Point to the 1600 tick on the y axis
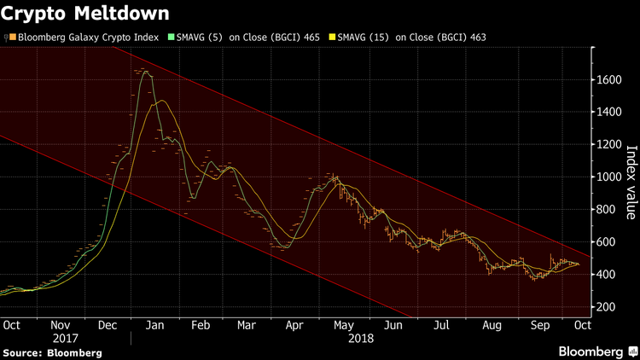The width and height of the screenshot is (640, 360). (x=610, y=79)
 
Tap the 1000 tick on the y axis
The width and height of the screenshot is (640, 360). (x=610, y=177)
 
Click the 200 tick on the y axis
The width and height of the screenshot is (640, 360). (x=608, y=306)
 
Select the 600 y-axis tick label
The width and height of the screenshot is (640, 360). (x=608, y=241)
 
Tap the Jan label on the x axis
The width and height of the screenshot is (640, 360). (x=156, y=325)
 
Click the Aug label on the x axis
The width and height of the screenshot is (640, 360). (x=491, y=325)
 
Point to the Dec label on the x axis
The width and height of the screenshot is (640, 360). (x=108, y=325)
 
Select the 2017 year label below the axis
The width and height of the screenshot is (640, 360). (x=61, y=338)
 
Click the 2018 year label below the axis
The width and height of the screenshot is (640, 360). (x=361, y=338)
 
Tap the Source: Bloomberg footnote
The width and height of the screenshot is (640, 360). (x=51, y=352)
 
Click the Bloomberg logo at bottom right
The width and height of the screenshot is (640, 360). (x=596, y=351)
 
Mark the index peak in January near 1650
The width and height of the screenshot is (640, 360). (x=145, y=72)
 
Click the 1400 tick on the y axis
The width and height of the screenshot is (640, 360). (x=610, y=112)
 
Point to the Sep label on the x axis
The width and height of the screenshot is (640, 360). (x=538, y=325)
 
